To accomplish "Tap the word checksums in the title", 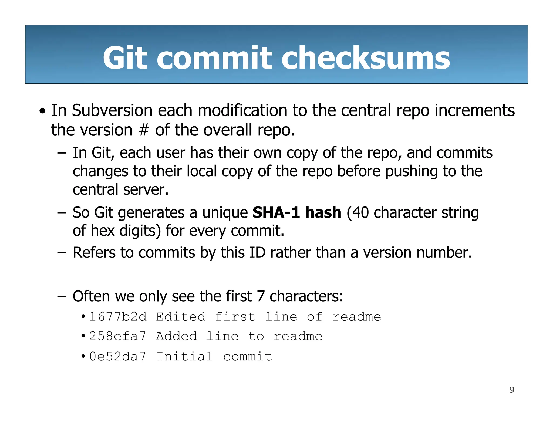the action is click(x=366, y=57).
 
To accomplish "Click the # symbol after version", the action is click(x=144, y=130).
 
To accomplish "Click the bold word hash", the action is click(x=323, y=212).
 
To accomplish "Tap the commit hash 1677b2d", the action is click(x=118, y=317).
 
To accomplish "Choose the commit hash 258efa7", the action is click(x=117, y=337).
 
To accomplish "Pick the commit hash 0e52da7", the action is click(x=117, y=357).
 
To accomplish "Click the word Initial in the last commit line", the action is click(x=185, y=357).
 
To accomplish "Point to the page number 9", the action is click(x=512, y=390).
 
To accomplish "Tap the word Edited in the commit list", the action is click(x=181, y=317).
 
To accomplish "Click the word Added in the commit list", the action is click(x=177, y=337).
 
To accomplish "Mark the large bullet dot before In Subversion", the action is click(x=42, y=111).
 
